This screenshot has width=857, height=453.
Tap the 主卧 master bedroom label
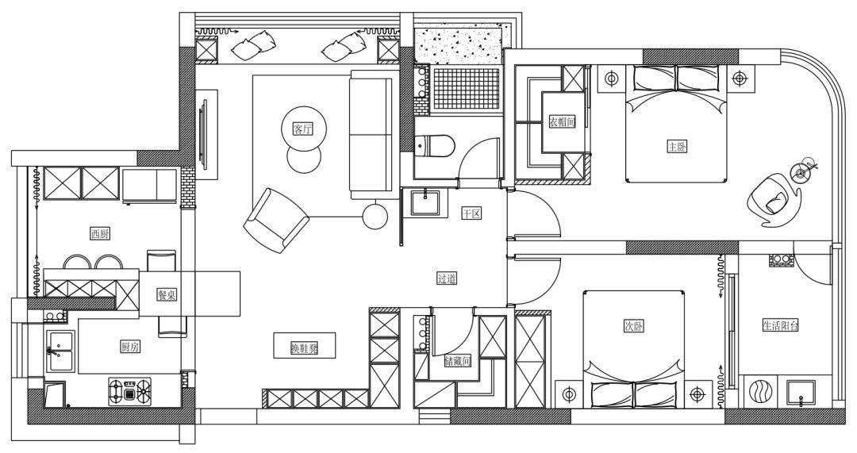coord(677,147)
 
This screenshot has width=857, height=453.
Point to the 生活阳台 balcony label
coord(781,326)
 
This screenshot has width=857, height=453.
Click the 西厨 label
coord(101,234)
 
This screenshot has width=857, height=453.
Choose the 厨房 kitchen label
coord(129,347)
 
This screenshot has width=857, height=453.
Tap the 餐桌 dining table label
coord(167,295)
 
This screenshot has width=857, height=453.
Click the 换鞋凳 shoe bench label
coord(305,348)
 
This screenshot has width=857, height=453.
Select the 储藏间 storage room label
coord(458,361)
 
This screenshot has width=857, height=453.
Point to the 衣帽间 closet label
coord(563,122)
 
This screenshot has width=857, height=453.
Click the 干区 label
coord(471,213)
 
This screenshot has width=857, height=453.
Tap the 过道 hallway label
coord(447,278)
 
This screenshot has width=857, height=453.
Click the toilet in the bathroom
coord(435,146)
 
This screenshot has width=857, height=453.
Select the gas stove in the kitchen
coord(129,390)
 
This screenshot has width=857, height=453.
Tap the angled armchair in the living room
coord(276,221)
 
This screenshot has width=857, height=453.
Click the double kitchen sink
coord(60,351)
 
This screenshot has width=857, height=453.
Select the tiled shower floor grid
coord(466,89)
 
